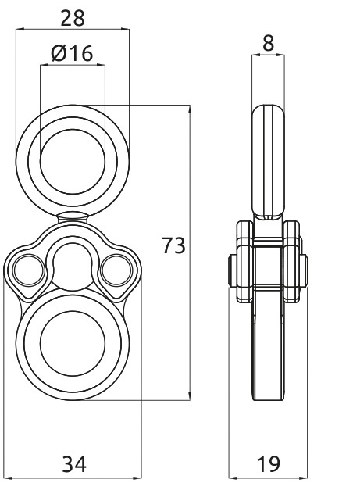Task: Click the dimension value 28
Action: tap(73, 18)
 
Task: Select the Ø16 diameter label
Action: tap(72, 53)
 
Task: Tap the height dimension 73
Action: tap(174, 245)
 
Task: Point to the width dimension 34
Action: tap(74, 464)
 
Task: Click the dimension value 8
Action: tap(268, 43)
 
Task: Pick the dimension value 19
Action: tap(269, 464)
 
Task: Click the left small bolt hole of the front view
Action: tap(30, 270)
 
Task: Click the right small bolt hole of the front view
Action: tap(116, 270)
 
